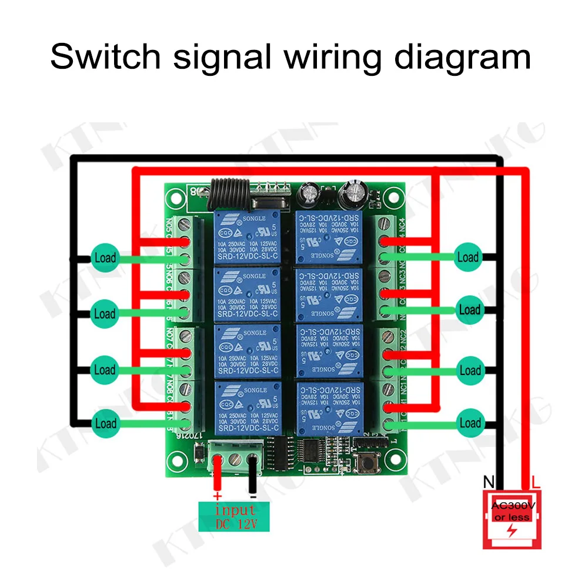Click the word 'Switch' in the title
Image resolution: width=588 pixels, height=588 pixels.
click(105, 57)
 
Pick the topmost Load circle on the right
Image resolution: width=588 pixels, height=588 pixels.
click(468, 257)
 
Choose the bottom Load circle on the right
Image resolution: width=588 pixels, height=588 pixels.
click(470, 423)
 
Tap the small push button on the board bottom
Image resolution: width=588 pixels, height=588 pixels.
click(369, 464)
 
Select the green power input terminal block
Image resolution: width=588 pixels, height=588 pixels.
click(235, 458)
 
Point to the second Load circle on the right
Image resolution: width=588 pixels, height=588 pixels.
click(469, 309)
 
